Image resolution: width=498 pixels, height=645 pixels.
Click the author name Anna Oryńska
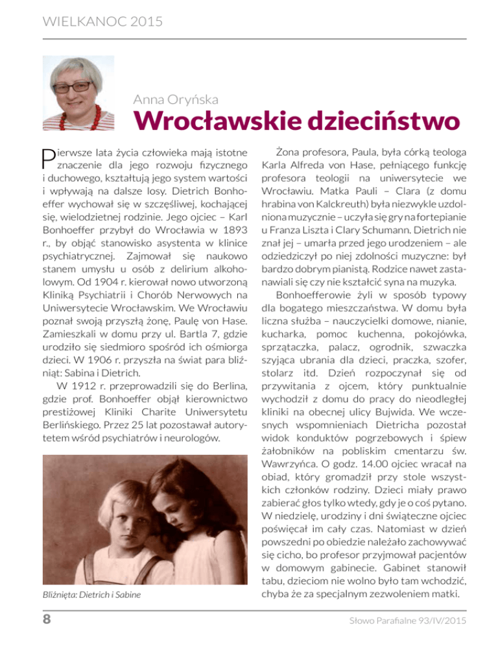(x=173, y=99)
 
